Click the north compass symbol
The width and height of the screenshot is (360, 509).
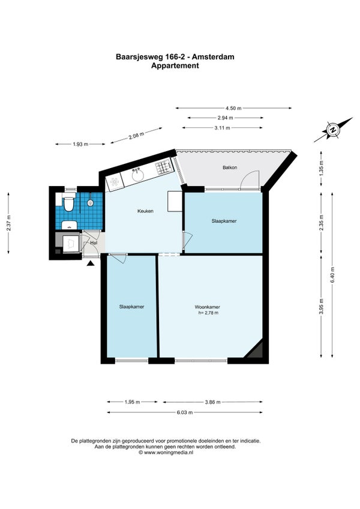point(333,130)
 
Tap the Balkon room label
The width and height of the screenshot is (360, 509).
point(230,167)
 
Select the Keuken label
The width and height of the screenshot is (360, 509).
point(145,211)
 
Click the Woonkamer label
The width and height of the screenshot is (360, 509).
point(208,307)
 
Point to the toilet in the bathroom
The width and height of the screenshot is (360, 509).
point(68,203)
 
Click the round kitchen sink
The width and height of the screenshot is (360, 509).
point(138,175)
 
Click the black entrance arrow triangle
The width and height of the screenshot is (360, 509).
point(91,264)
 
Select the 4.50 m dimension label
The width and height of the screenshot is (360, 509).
point(234,108)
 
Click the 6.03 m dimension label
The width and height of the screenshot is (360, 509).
point(185,412)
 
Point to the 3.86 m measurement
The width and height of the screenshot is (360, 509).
point(212,402)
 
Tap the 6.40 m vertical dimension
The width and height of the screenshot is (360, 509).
point(332,275)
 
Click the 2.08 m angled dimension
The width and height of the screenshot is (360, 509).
point(136,134)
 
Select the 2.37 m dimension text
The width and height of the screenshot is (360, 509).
point(9,223)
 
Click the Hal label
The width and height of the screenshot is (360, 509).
point(94,242)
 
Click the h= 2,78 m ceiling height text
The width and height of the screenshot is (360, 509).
point(208,313)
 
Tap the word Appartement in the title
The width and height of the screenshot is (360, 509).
point(175,65)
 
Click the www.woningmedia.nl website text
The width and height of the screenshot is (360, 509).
point(169,452)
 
